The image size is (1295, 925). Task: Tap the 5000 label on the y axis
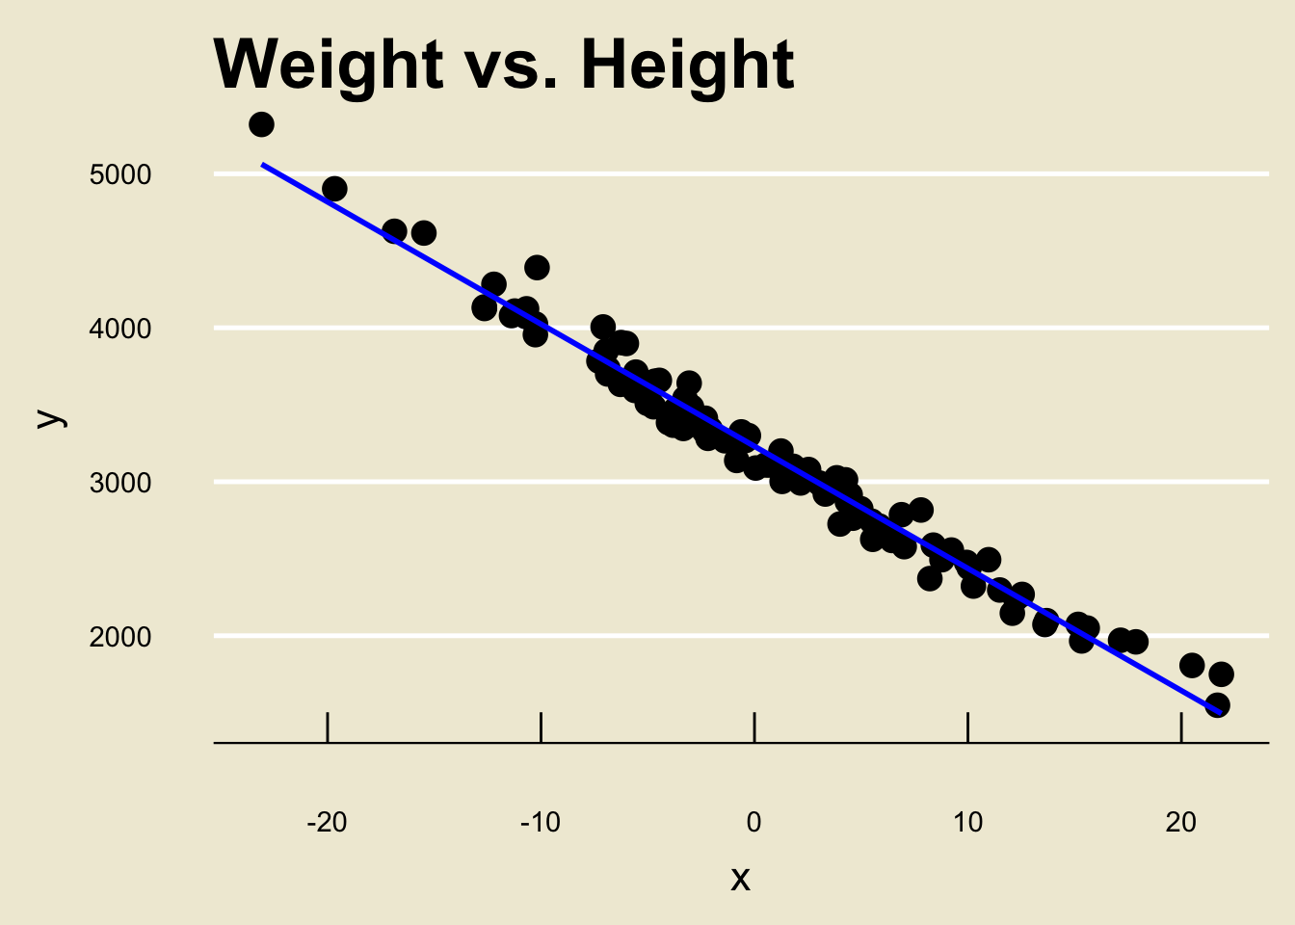(120, 174)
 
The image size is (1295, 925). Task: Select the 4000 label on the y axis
(120, 329)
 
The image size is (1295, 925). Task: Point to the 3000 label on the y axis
(120, 483)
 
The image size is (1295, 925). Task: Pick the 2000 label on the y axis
(120, 637)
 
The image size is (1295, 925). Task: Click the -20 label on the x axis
(327, 822)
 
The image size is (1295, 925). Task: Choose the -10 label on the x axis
(541, 822)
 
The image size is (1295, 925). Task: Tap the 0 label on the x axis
(753, 822)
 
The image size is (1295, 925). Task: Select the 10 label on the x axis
(967, 822)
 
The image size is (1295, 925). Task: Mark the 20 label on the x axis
(1180, 822)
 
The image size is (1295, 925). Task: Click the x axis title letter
(740, 878)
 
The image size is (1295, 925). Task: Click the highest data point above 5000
(261, 124)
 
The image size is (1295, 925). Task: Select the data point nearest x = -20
(334, 189)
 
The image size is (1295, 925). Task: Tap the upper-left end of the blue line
(263, 165)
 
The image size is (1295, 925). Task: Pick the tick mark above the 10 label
(967, 727)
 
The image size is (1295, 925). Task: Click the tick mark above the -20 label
(328, 727)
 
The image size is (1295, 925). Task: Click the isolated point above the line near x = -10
(538, 267)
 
